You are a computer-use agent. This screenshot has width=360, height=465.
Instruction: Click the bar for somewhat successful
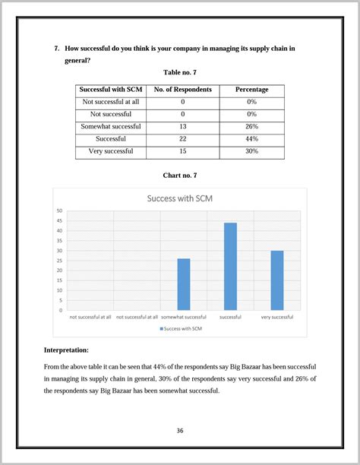coord(183,284)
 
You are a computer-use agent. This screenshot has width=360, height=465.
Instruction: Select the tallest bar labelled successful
coord(230,266)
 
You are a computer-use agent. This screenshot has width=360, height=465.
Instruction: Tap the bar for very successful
coord(276,280)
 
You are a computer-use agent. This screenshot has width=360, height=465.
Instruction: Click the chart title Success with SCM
coord(179,198)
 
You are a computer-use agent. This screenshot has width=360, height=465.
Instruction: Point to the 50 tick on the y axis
coord(59,211)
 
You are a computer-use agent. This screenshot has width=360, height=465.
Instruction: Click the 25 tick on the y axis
coord(59,261)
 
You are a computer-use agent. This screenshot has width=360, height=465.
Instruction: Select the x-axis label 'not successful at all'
coord(90,317)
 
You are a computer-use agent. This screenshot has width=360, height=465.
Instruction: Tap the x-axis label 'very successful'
coord(276,317)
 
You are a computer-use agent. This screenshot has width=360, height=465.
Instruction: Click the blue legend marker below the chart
coord(161,328)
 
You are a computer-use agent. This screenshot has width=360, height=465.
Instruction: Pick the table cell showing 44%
coord(251,139)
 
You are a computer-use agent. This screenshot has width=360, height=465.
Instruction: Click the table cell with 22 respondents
coord(182,139)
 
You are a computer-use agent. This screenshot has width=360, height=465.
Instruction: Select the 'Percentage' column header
coord(251,90)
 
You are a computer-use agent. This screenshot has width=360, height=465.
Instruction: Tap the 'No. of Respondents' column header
coord(182,90)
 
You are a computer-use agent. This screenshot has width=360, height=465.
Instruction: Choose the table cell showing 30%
coord(251,151)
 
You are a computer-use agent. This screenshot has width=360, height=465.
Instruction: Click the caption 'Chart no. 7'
coord(180,176)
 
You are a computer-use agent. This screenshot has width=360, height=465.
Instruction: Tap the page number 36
coord(180,431)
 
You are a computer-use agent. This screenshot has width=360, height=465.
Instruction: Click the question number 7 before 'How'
coord(57,49)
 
